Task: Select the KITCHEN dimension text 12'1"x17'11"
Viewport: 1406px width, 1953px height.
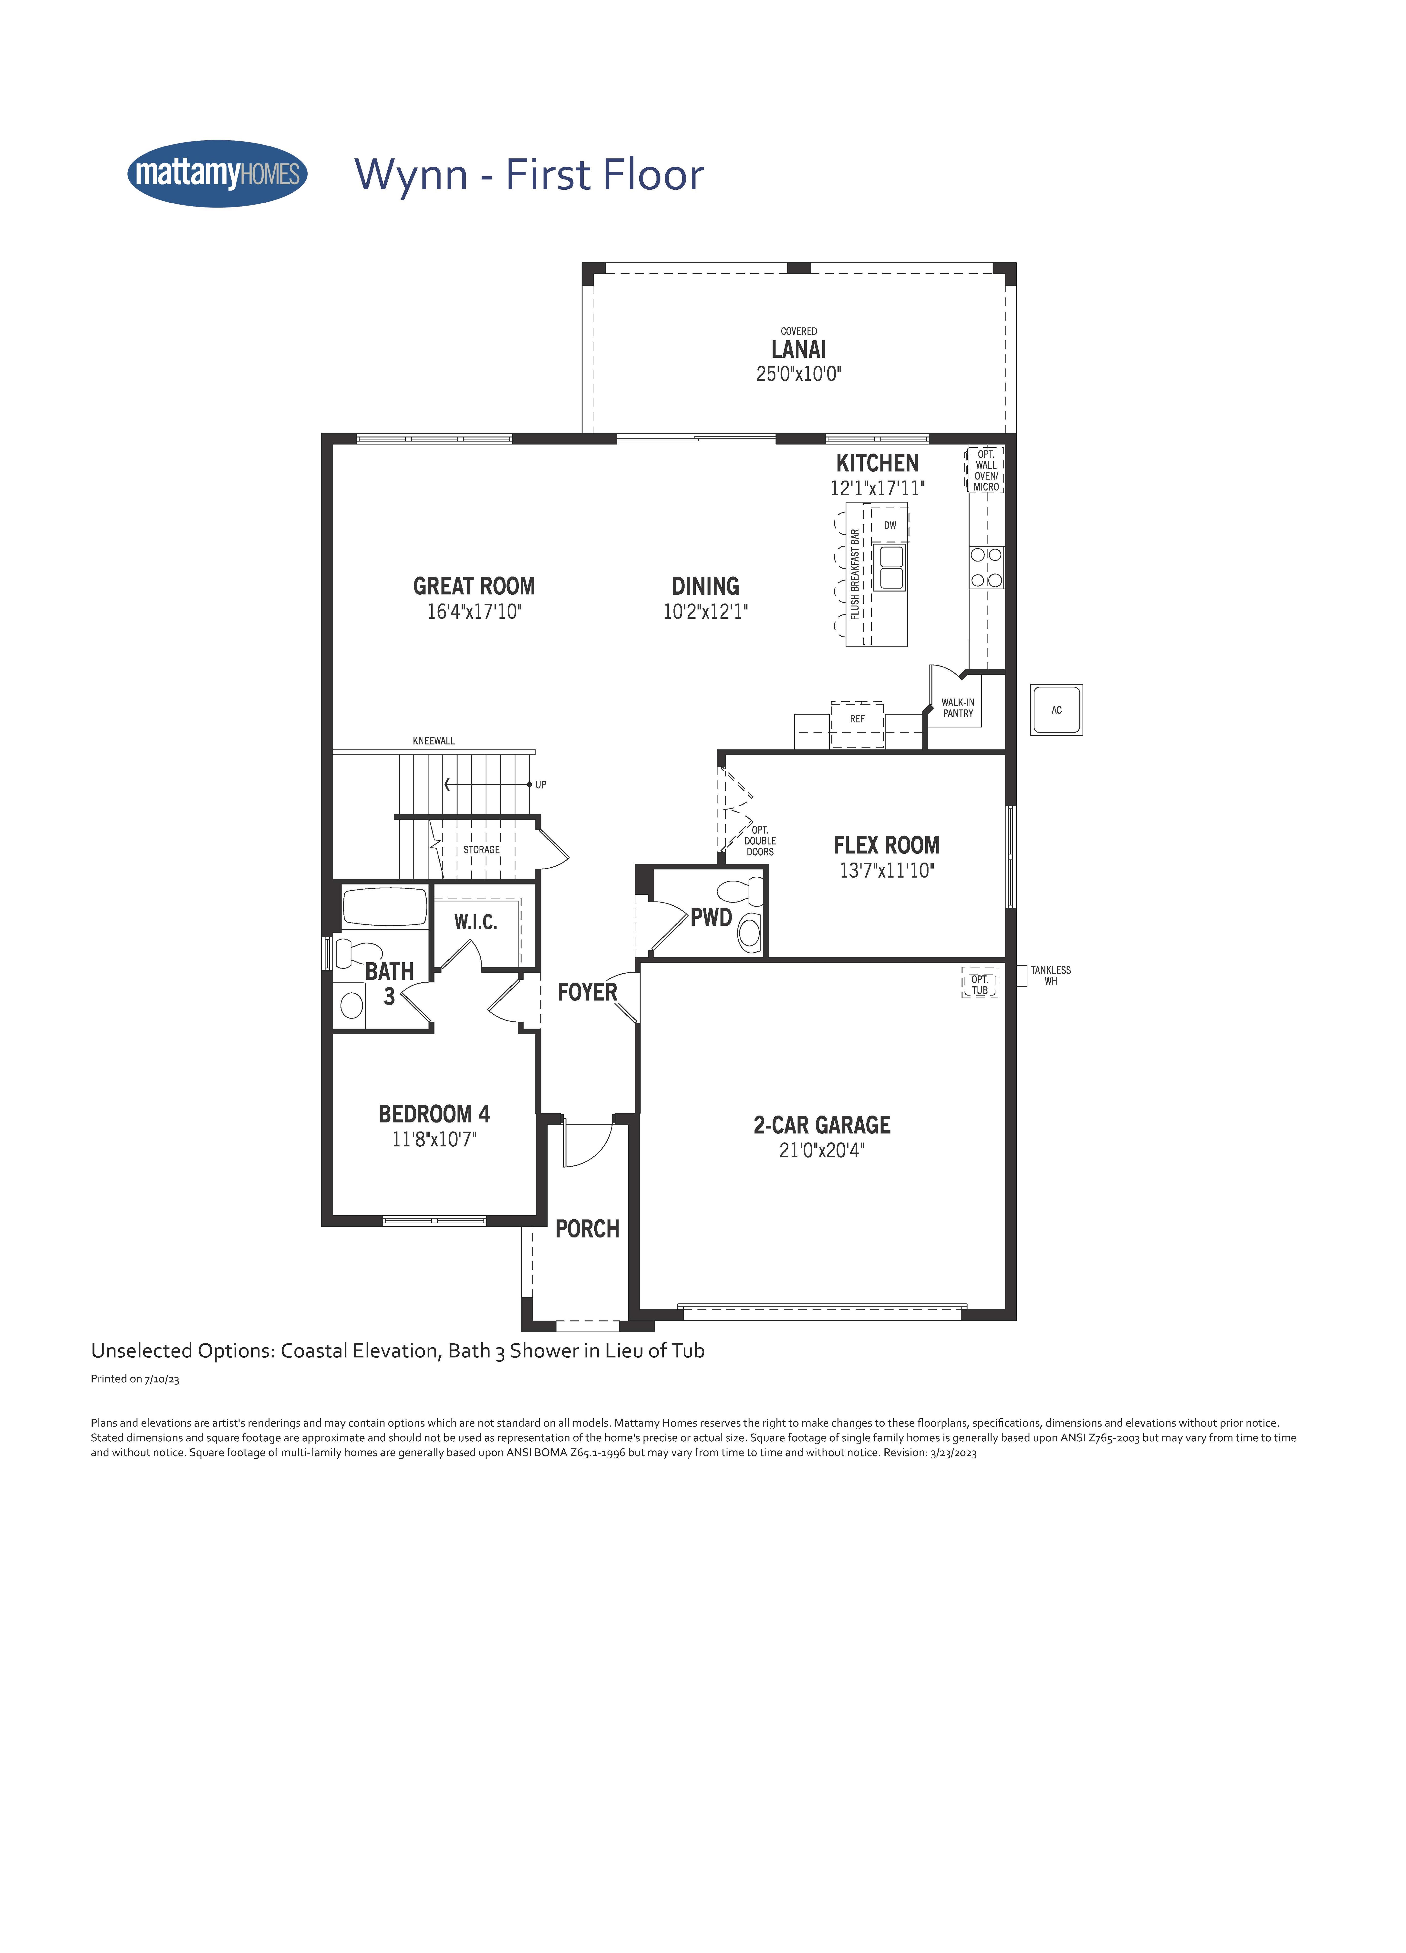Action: [x=877, y=488]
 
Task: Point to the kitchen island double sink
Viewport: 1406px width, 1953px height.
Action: [x=891, y=567]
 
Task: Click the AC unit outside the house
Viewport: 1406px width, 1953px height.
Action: [x=1056, y=710]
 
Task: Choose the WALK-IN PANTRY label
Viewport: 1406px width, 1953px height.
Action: [x=957, y=708]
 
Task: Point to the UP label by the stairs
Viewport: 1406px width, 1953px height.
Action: [x=541, y=784]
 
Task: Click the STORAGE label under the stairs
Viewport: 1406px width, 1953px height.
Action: [x=481, y=850]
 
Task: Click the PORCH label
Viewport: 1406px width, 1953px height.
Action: [x=587, y=1229]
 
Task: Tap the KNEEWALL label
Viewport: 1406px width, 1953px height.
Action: [x=434, y=741]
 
